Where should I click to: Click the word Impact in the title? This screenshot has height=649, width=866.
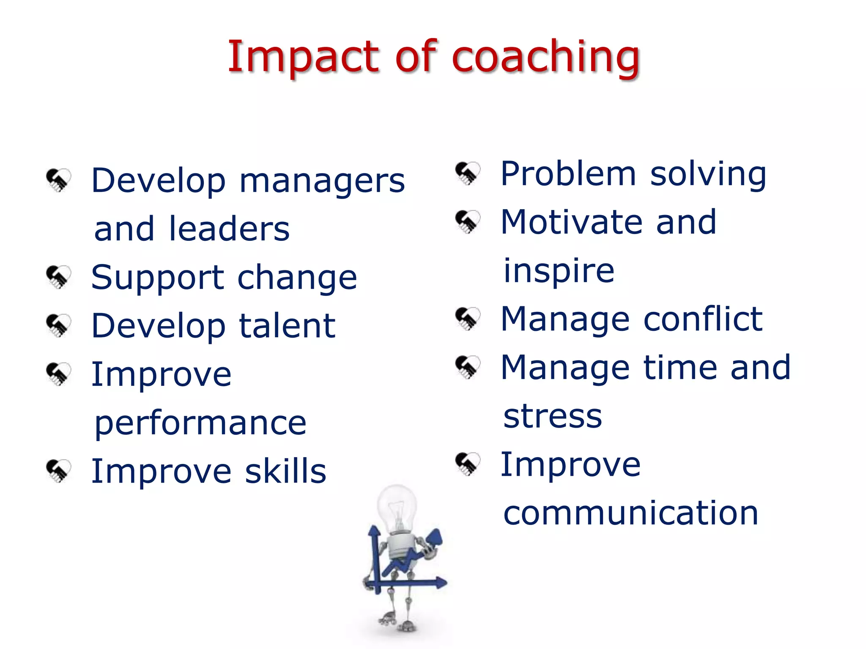[303, 57]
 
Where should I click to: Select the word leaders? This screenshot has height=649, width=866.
[229, 229]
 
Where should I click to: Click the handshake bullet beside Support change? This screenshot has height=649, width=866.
[58, 277]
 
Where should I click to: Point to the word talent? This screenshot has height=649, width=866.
[287, 326]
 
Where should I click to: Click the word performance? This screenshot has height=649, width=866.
[200, 424]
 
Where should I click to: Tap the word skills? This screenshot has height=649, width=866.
[285, 472]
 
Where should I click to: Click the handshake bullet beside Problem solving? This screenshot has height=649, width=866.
[468, 173]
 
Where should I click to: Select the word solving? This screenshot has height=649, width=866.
[708, 174]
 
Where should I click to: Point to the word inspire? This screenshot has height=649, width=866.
[559, 271]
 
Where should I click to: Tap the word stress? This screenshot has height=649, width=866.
[552, 417]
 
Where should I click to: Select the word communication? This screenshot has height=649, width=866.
[630, 513]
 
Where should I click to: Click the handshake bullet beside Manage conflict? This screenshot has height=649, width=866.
[468, 319]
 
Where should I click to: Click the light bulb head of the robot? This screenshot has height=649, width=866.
[396, 507]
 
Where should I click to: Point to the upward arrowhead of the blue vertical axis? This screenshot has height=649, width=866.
[374, 531]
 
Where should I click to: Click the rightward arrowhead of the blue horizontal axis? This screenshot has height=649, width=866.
[441, 583]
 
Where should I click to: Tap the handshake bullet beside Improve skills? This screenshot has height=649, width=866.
[58, 471]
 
